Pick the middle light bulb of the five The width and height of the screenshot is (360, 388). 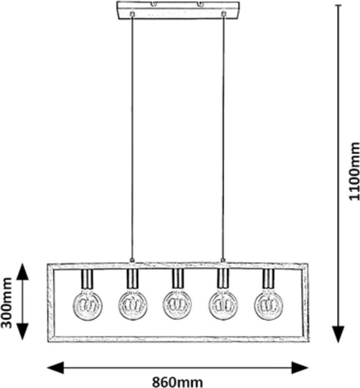coord(177,305)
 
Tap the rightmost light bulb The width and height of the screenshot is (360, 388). coord(268,305)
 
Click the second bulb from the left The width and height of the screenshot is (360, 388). coord(132,305)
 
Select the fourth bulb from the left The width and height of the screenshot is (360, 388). coord(223,305)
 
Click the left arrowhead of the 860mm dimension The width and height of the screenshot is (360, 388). coord(55,367)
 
